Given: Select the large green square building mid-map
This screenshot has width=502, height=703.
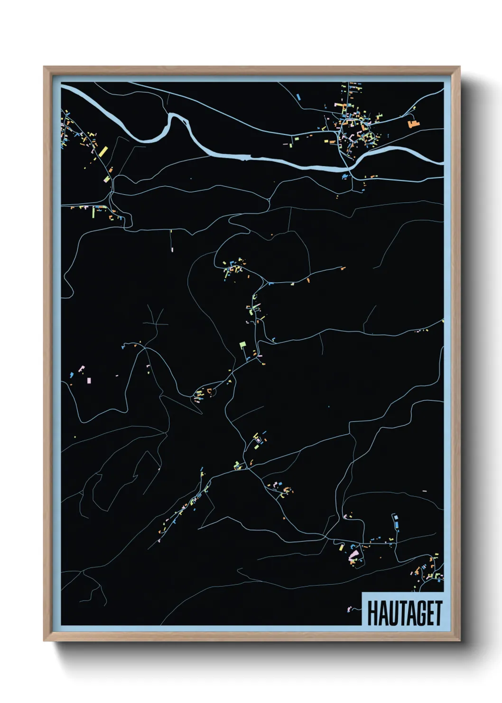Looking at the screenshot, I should [243, 344].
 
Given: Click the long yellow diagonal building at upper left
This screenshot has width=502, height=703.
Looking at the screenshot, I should [102, 152].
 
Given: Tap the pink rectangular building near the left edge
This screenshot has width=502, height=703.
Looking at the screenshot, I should [88, 380].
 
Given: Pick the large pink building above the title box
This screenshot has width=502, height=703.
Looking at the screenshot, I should [353, 554].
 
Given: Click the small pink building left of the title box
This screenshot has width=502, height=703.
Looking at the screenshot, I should [351, 608].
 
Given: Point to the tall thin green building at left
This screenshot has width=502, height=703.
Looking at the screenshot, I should [93, 212].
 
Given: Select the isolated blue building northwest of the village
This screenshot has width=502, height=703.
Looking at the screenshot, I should [298, 97].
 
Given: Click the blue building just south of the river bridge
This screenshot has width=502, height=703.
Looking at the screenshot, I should [345, 176].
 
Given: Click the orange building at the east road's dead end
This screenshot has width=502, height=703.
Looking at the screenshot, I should [343, 268].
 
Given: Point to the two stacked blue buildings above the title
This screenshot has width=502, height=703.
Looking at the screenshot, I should [395, 520].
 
